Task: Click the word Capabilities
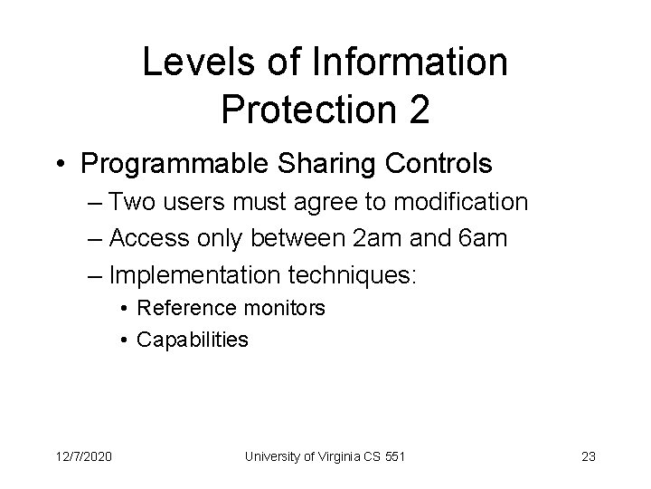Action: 192,340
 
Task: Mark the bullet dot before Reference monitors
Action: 124,309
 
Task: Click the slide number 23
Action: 589,456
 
